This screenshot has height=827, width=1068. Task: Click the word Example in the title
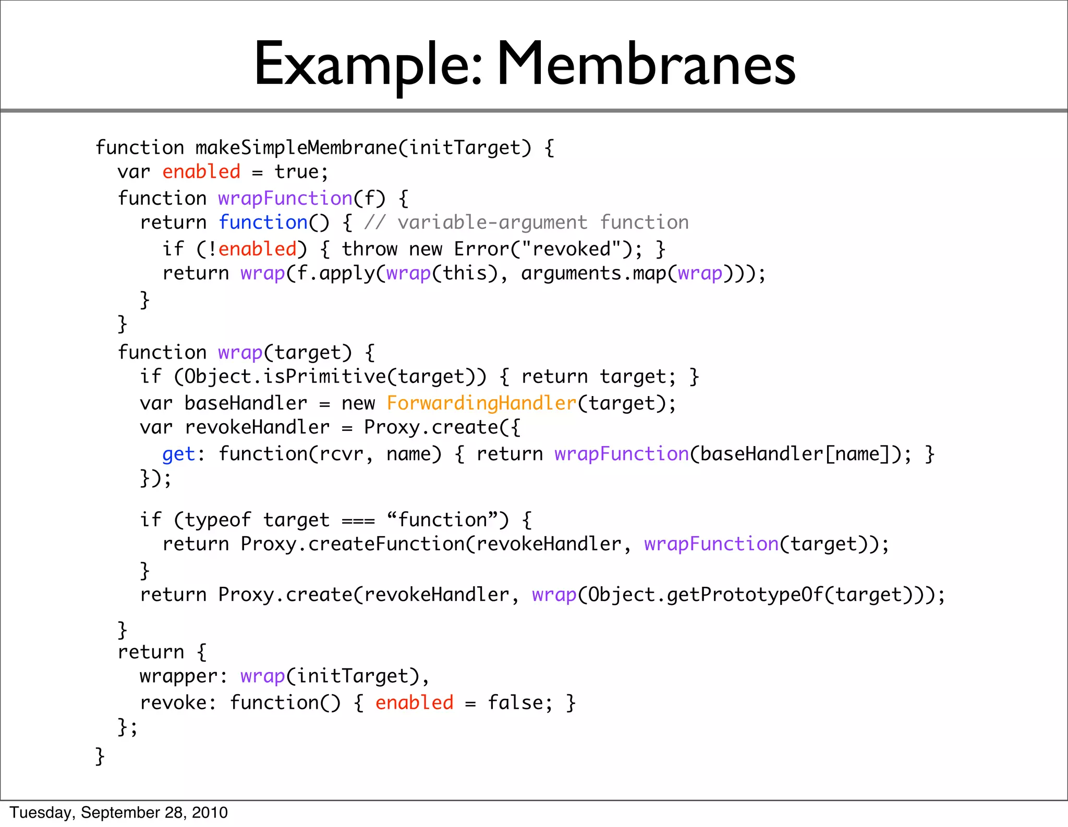(x=365, y=65)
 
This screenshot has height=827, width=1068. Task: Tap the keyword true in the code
(x=296, y=172)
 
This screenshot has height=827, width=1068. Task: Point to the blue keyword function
(x=263, y=223)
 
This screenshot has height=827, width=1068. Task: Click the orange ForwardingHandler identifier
(x=481, y=403)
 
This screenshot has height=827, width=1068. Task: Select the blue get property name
(x=178, y=454)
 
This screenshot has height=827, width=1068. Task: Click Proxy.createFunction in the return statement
(x=353, y=544)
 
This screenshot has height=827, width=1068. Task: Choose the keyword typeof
(x=217, y=520)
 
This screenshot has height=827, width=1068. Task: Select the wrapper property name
(x=178, y=676)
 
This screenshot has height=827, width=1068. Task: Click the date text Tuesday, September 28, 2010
(x=119, y=812)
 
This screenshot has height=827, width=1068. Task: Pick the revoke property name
(x=173, y=703)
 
